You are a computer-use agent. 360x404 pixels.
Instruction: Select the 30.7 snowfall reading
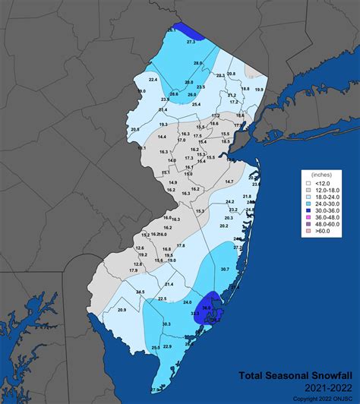coord(224,270)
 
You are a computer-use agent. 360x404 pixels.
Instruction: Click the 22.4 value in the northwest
coord(153,80)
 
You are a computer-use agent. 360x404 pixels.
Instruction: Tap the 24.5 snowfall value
coord(140,292)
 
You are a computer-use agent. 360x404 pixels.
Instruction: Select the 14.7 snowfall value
coord(229,182)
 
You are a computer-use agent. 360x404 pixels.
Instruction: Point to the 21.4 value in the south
coord(169,284)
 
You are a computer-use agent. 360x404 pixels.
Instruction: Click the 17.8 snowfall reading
coord(180,245)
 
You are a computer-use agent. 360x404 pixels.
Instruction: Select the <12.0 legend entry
coord(321,182)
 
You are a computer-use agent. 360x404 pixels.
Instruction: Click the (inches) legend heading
coord(321,175)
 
